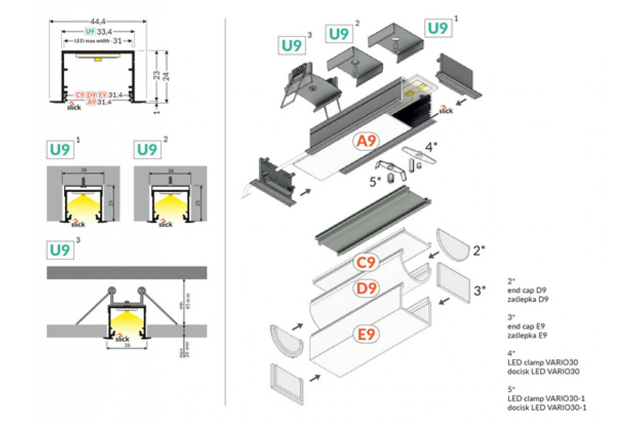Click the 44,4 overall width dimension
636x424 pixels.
point(98,21)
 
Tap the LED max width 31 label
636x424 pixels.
point(98,41)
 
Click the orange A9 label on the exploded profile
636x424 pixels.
point(367,142)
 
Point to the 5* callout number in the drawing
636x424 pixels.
point(375,181)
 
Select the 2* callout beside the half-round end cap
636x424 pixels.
point(479,251)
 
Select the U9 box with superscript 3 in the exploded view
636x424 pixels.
point(292,46)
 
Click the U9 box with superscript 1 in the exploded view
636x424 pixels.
point(438,28)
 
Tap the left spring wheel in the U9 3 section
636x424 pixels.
point(111,290)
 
